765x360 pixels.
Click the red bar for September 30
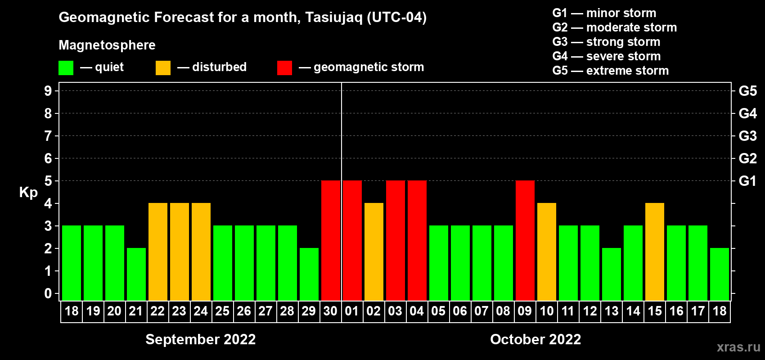click(x=331, y=240)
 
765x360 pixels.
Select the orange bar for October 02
click(x=374, y=252)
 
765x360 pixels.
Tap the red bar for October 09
click(x=525, y=240)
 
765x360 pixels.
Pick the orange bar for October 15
click(x=655, y=252)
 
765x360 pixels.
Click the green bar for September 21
click(x=136, y=274)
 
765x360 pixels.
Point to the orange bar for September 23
click(x=180, y=252)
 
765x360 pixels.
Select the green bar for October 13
click(x=612, y=274)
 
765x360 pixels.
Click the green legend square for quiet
click(x=66, y=67)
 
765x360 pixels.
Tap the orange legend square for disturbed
click(x=163, y=67)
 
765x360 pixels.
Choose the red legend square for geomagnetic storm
click(x=285, y=67)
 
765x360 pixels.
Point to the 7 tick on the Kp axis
click(x=48, y=136)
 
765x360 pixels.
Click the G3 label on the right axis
click(x=748, y=136)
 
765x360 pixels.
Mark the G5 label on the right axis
click(x=748, y=91)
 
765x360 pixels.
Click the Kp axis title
click(x=28, y=193)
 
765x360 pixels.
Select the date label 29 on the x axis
click(x=309, y=311)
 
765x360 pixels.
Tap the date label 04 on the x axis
click(x=417, y=311)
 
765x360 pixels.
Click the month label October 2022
click(x=535, y=339)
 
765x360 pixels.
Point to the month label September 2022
click(x=201, y=339)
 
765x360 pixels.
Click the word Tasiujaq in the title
click(x=333, y=18)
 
